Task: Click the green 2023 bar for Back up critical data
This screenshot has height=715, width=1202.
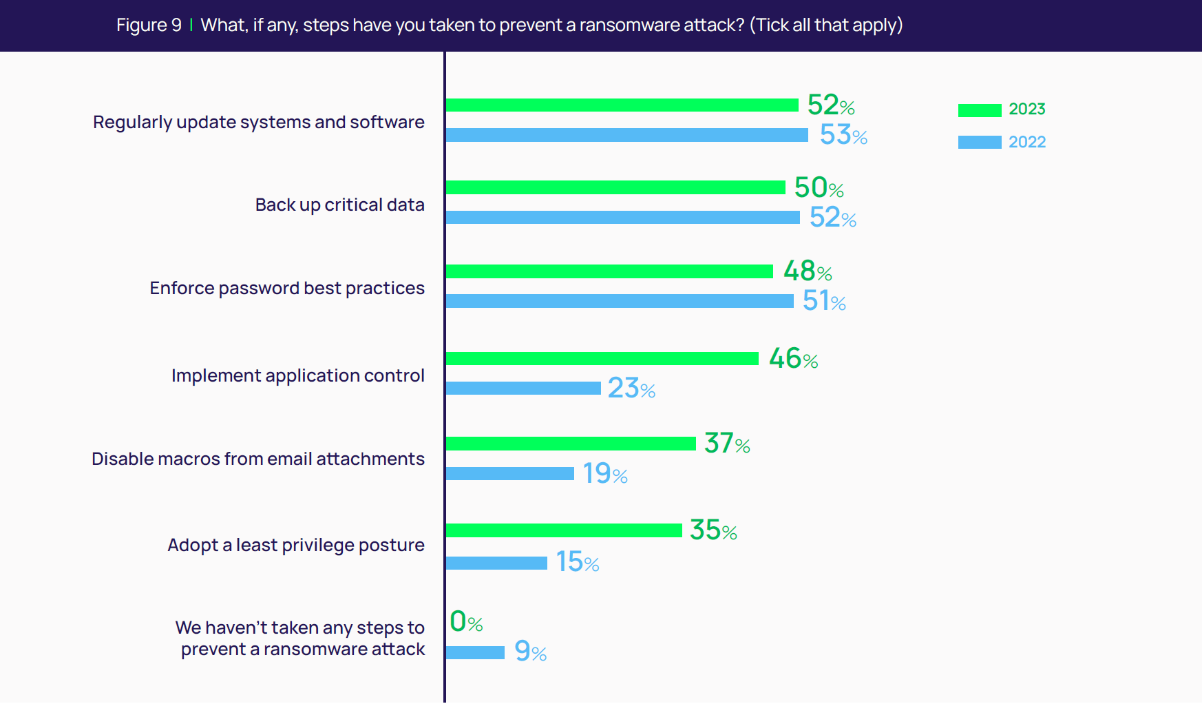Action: (615, 187)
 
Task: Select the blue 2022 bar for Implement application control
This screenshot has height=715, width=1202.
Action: (523, 388)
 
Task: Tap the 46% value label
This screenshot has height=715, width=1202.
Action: (793, 359)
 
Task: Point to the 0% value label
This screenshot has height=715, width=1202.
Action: (466, 622)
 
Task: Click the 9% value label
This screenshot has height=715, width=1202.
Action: (530, 652)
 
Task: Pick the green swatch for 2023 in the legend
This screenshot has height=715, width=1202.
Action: (979, 110)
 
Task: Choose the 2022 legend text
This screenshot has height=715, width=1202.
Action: (1026, 142)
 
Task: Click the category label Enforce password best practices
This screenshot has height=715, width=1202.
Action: (287, 288)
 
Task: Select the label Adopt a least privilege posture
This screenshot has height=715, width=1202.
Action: (296, 545)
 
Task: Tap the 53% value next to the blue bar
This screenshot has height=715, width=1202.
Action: (843, 135)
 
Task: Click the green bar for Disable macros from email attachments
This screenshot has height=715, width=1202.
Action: (570, 444)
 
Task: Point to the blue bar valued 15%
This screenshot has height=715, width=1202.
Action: (496, 563)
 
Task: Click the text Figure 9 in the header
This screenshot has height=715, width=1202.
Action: (149, 25)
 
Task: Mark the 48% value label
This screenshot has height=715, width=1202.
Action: (807, 271)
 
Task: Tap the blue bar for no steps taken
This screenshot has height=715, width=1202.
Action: (474, 652)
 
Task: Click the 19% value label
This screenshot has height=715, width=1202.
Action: (604, 474)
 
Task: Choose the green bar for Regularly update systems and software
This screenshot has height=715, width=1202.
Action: (622, 105)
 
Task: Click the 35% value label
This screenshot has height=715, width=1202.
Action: (713, 530)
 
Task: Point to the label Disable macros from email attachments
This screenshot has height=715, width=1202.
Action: (258, 459)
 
